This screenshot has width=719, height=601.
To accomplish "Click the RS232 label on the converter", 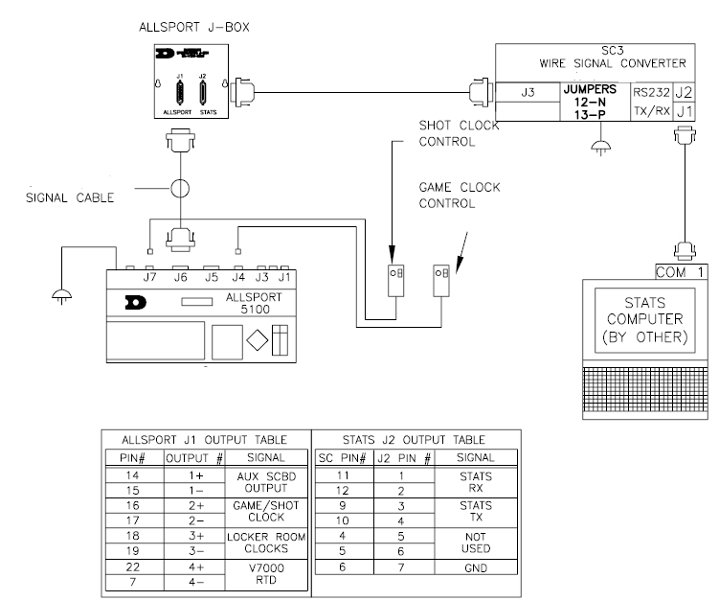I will pyautogui.click(x=652, y=93).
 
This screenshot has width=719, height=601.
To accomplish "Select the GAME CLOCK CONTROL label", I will pyautogui.click(x=459, y=196).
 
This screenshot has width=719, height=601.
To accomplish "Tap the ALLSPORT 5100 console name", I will pyautogui.click(x=253, y=305).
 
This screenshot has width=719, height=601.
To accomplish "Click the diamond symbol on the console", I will pyautogui.click(x=255, y=340).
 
